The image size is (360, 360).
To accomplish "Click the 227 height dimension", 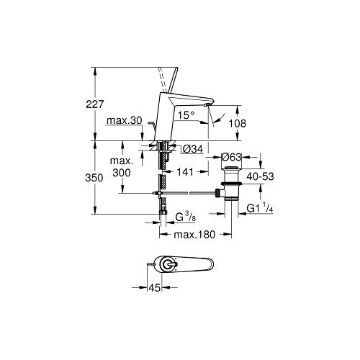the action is [x=95, y=104].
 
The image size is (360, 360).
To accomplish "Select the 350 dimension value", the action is [x=94, y=178].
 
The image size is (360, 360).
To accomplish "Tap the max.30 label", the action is [x=125, y=120].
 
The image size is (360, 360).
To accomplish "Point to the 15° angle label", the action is [x=186, y=115].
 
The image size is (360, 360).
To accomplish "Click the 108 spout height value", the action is [x=237, y=123].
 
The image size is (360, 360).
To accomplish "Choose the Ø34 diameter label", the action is [x=193, y=149].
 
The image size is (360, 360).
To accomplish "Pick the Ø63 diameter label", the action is [x=231, y=157].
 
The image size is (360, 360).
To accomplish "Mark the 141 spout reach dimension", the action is [x=185, y=172].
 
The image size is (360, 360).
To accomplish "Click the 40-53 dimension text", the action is [x=261, y=176].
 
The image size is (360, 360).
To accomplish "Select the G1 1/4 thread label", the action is [x=260, y=208].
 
